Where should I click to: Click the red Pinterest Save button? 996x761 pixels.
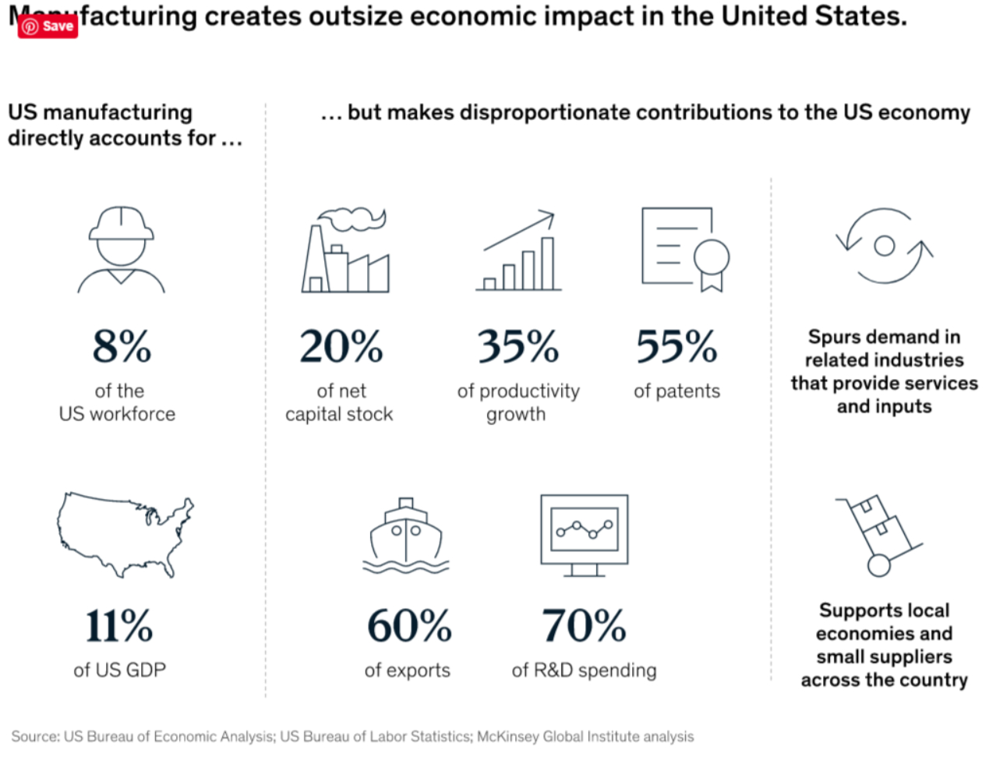pyautogui.click(x=48, y=26)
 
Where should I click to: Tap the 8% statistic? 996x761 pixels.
pyautogui.click(x=122, y=346)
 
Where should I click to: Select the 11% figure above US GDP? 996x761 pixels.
pyautogui.click(x=119, y=626)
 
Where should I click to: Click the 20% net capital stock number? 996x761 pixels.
pyautogui.click(x=341, y=346)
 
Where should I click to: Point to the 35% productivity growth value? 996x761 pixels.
pyautogui.click(x=518, y=346)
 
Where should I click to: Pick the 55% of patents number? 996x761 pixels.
pyautogui.click(x=676, y=346)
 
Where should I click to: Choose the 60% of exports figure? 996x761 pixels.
pyautogui.click(x=409, y=626)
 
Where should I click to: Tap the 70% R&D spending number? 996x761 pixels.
pyautogui.click(x=584, y=626)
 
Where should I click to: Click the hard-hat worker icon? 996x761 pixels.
pyautogui.click(x=122, y=250)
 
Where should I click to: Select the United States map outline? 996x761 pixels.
pyautogui.click(x=125, y=534)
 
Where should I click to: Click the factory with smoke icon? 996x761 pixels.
pyautogui.click(x=345, y=251)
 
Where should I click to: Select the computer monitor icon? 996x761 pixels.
pyautogui.click(x=584, y=535)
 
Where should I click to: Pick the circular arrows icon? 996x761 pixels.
pyautogui.click(x=885, y=246)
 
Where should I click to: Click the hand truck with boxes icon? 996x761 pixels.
pyautogui.click(x=879, y=535)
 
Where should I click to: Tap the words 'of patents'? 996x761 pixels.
pyautogui.click(x=676, y=391)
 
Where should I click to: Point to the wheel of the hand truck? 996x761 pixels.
pyautogui.click(x=879, y=565)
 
